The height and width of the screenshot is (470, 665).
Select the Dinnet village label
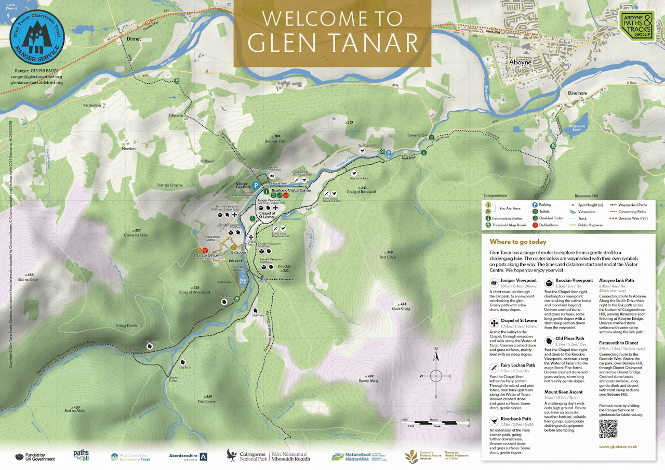pyautogui.click(x=134, y=38)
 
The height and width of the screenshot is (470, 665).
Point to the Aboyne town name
pyautogui.click(x=520, y=62)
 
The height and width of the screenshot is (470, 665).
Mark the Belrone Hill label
pyautogui.click(x=275, y=141)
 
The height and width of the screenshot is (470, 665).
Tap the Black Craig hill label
pyautogui.click(x=401, y=308)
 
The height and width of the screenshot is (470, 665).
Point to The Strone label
pyautogui.click(x=206, y=401)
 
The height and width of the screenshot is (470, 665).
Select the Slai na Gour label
pyautogui.click(x=28, y=280)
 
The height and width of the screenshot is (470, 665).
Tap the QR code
pyautogui.click(x=608, y=429)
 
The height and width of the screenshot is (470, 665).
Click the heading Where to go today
pyautogui.click(x=517, y=242)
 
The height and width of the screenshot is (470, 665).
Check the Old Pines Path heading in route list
pyautogui.click(x=569, y=338)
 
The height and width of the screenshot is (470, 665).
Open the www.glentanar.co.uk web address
pyautogui.click(x=618, y=447)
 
